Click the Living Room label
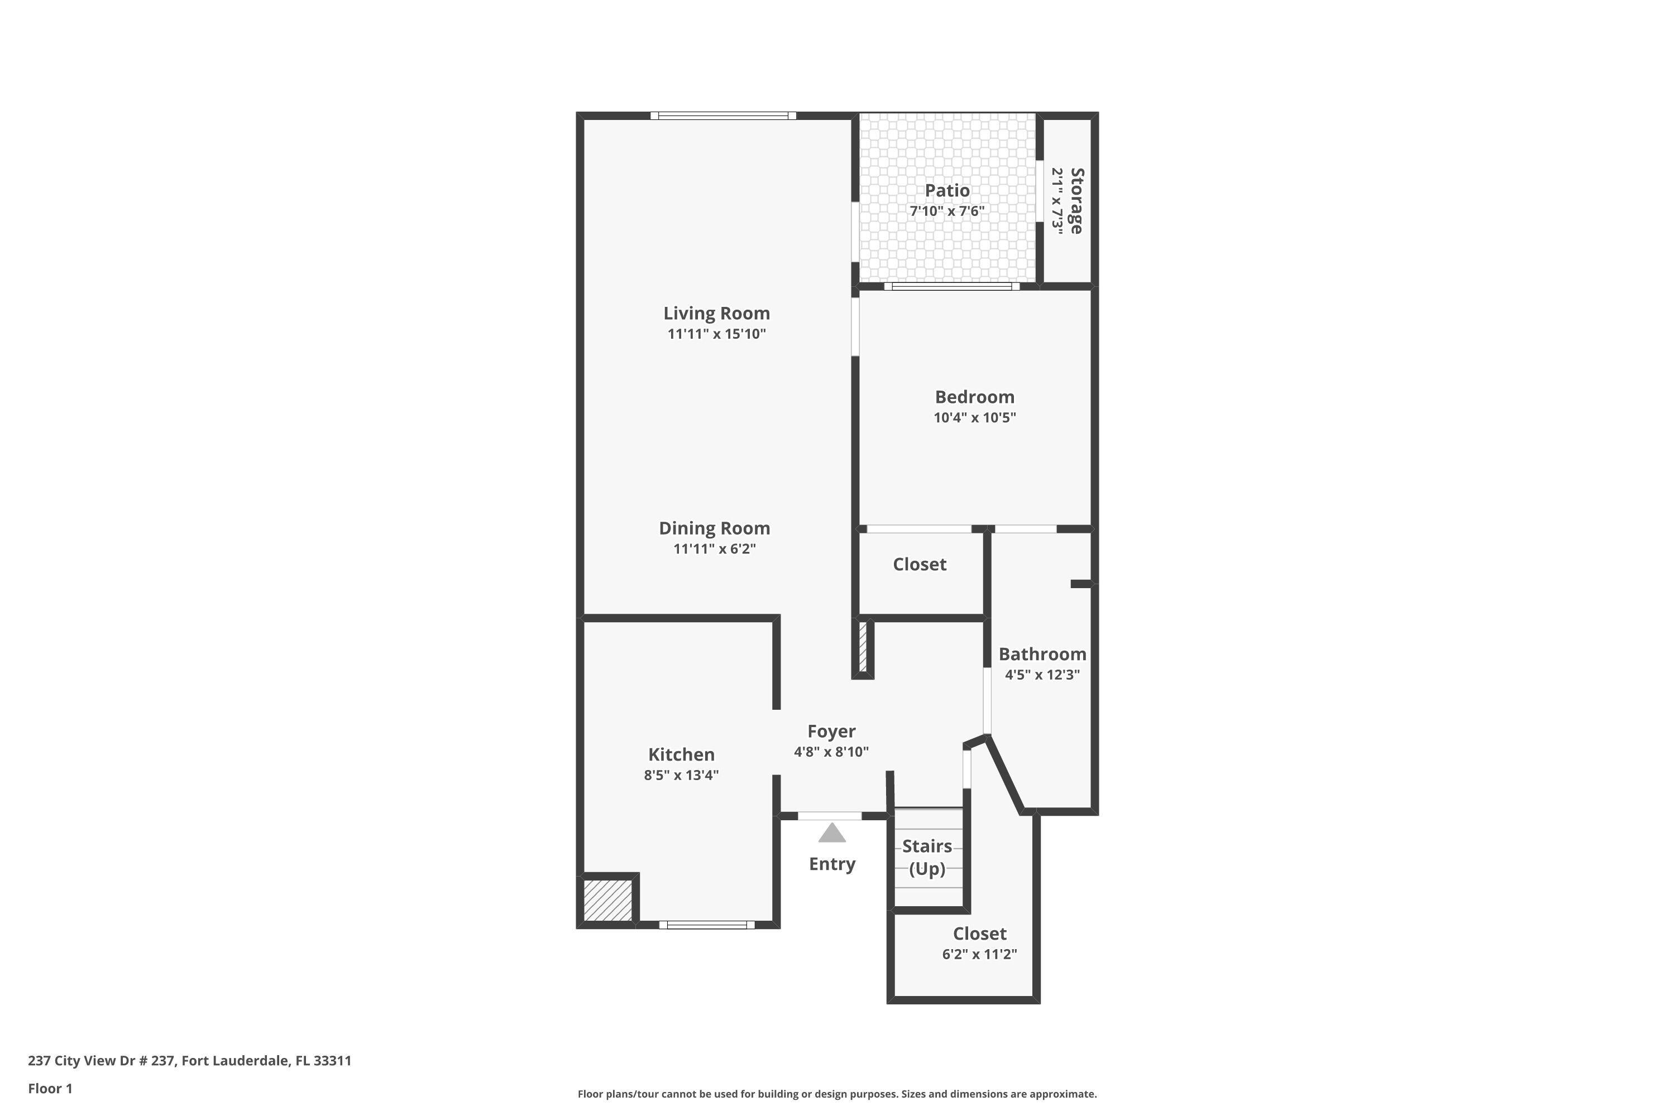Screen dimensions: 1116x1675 (x=716, y=313)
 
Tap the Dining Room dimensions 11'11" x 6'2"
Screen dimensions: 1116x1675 (x=714, y=549)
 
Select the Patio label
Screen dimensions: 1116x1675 (x=946, y=191)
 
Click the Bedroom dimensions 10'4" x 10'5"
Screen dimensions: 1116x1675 (x=974, y=418)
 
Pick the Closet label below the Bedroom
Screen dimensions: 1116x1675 (x=920, y=564)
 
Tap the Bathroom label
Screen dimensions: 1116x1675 (x=1042, y=654)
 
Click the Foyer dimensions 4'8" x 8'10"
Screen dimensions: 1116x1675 (x=831, y=752)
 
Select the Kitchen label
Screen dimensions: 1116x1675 (x=681, y=754)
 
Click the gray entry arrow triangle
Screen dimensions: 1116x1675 (x=832, y=834)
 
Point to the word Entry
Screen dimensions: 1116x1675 (x=832, y=864)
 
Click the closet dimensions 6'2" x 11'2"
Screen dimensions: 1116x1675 (x=979, y=954)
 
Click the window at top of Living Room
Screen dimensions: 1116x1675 (x=723, y=116)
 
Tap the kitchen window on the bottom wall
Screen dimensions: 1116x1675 (x=706, y=925)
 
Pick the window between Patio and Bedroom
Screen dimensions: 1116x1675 (x=951, y=286)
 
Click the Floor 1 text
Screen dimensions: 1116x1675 (x=50, y=1088)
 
